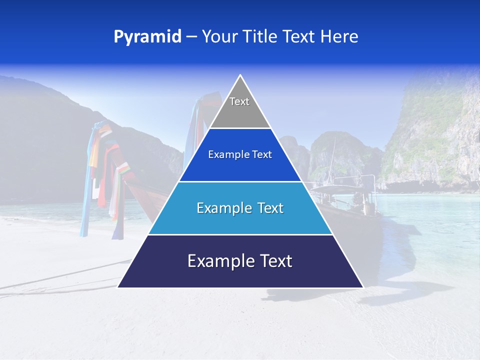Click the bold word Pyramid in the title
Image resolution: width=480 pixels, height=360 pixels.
coord(147,37)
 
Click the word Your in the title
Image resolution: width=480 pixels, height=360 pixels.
coord(218,37)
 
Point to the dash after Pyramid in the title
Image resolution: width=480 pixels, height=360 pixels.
coord(191,37)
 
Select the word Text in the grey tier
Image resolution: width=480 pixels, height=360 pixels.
coord(239,101)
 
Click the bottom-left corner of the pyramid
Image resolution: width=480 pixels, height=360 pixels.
coord(118,287)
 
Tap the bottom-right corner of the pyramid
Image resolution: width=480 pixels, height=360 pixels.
coord(362,287)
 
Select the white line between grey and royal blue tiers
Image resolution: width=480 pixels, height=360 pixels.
coord(240,128)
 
